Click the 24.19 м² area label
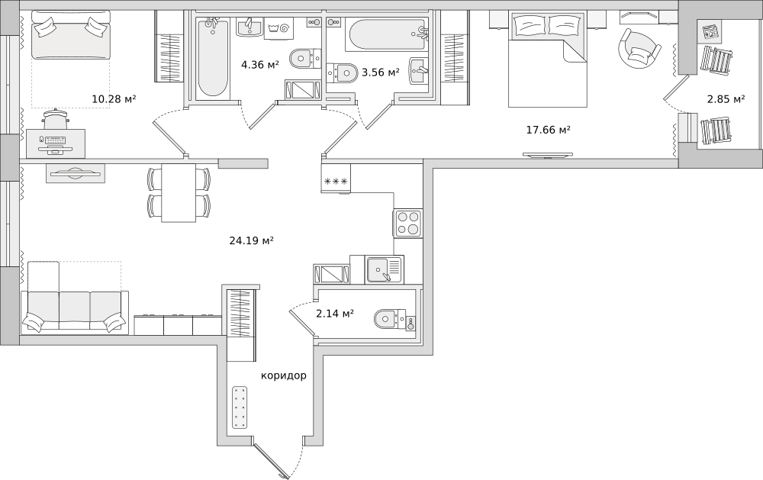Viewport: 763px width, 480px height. point(251,240)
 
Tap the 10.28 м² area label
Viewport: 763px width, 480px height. point(114,99)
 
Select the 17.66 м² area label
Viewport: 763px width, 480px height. point(549,130)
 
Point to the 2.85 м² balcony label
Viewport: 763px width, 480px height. point(726,99)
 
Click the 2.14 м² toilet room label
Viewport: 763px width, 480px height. point(335,314)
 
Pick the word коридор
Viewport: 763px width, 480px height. point(284,375)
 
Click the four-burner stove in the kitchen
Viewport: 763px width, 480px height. point(407,224)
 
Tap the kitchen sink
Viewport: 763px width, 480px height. point(384,269)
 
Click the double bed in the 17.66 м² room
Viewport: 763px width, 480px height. point(547,59)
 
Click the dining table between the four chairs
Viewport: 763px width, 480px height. point(179,193)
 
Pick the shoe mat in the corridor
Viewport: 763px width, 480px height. point(240,408)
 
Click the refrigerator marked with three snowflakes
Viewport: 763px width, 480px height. point(336,179)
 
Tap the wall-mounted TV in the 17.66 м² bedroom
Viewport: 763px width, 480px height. point(547,156)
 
